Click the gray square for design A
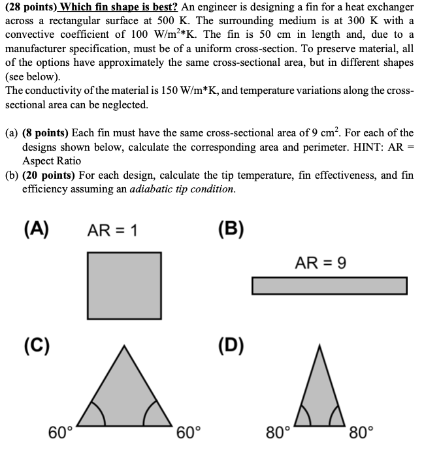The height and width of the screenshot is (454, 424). (x=124, y=285)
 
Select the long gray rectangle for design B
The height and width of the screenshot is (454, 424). (x=329, y=286)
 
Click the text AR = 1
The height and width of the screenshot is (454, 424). (x=112, y=230)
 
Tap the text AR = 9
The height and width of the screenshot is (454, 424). (x=320, y=263)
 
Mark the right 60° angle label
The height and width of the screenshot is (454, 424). (x=189, y=432)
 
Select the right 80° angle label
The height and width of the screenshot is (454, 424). (x=361, y=432)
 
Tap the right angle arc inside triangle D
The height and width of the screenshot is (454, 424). (x=334, y=416)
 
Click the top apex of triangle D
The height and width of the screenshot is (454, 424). (x=320, y=344)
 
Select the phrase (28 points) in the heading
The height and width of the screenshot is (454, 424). (x=31, y=7)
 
